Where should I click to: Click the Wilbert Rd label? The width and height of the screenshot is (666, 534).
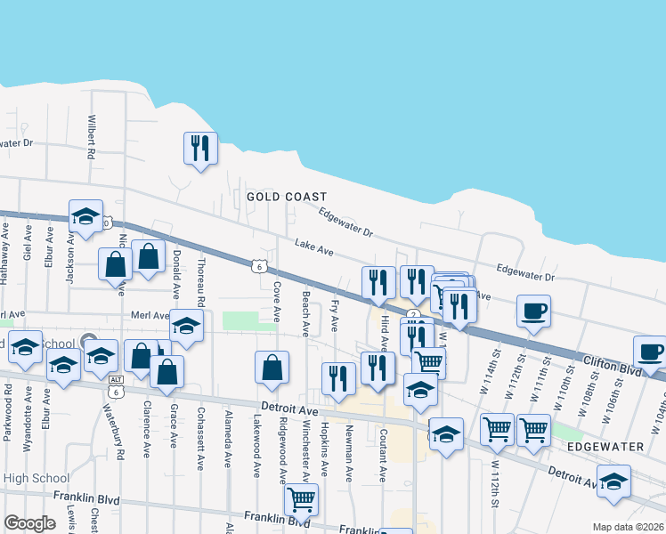pos(91,135)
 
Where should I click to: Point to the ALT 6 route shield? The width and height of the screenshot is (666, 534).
pos(116,385)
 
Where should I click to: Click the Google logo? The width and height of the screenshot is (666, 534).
pos(29,523)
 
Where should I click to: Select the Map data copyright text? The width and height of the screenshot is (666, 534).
pos(628,527)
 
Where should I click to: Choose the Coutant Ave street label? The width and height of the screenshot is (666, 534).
pos(382,455)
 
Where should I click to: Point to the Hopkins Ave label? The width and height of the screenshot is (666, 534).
pos(325,453)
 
